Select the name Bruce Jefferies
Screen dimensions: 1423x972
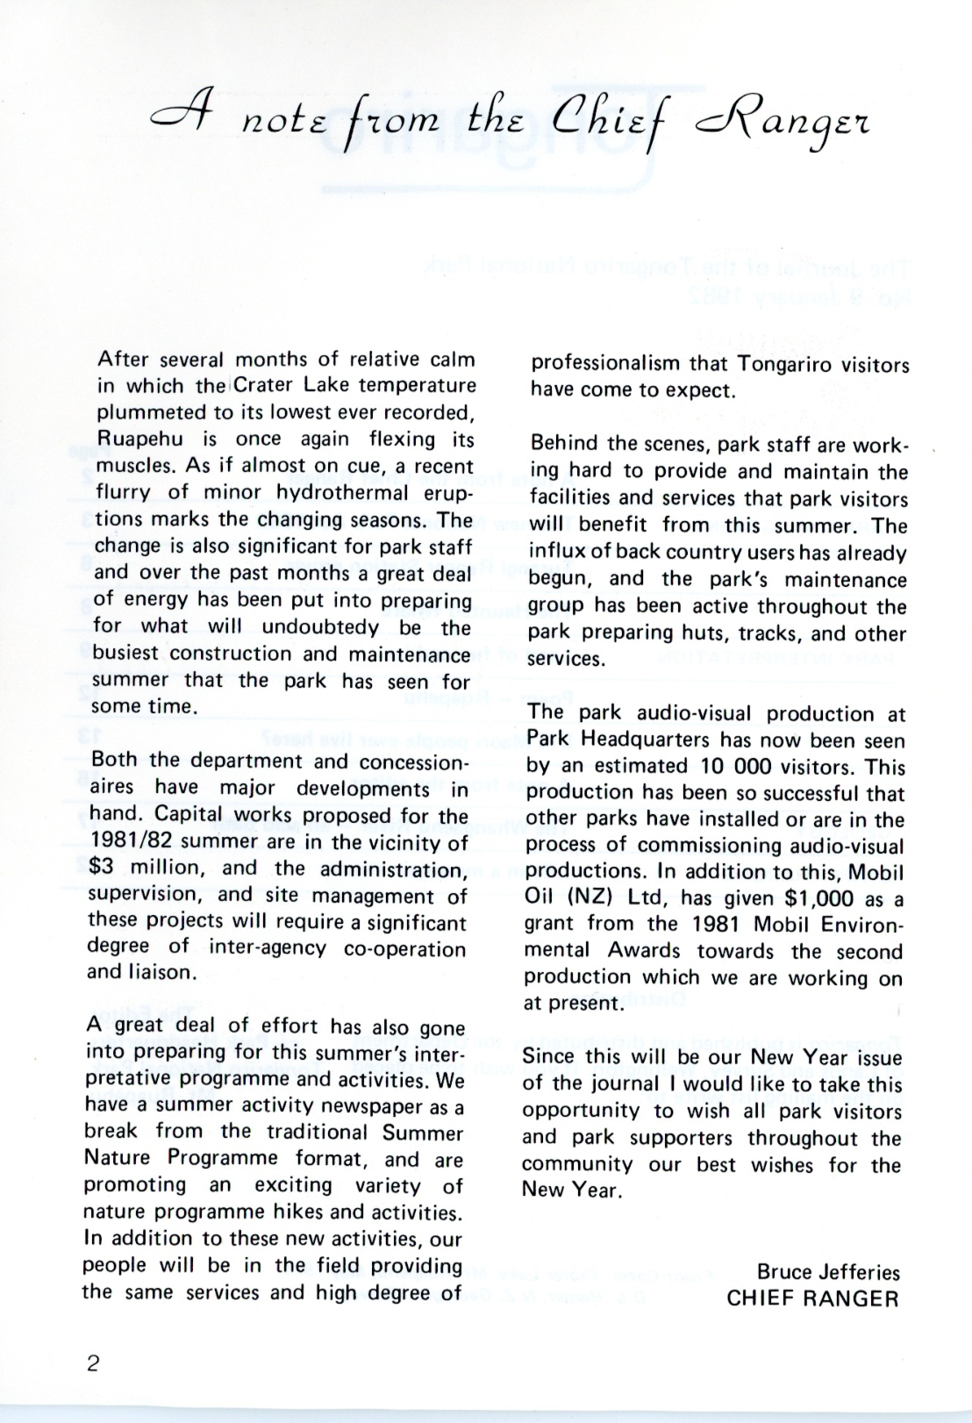click(x=828, y=1271)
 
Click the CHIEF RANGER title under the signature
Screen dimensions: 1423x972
click(x=812, y=1298)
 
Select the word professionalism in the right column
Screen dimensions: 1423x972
click(x=605, y=364)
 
